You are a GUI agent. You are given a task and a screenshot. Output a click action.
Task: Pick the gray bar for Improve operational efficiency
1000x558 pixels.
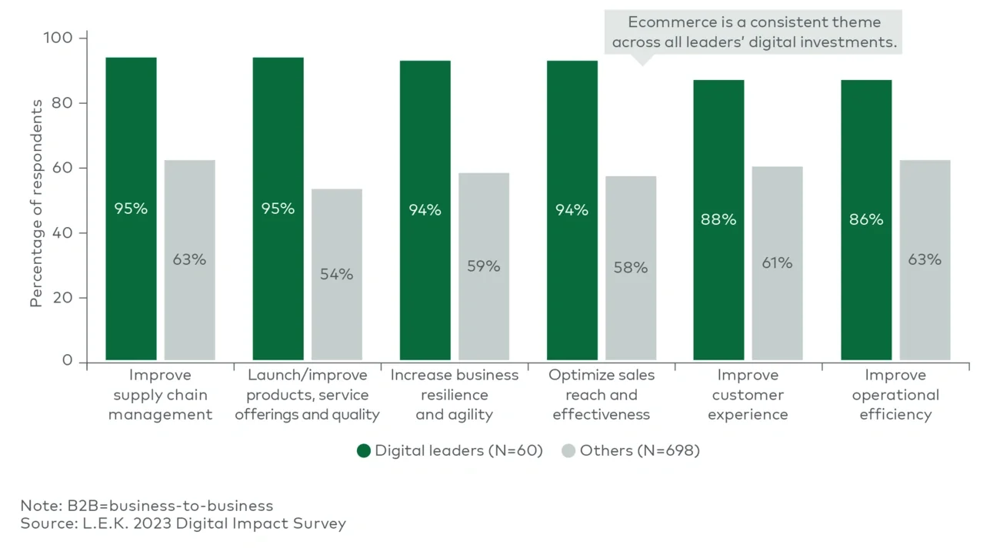(925, 308)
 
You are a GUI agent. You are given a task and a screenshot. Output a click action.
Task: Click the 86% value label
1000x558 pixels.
(866, 219)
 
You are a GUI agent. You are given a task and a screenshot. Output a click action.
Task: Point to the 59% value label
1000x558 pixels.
(484, 266)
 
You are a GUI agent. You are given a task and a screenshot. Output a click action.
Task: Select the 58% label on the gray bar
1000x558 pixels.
(631, 268)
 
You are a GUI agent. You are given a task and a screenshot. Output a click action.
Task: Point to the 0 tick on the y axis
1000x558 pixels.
(68, 361)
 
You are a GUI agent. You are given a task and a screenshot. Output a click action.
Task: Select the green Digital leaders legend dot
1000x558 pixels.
(364, 451)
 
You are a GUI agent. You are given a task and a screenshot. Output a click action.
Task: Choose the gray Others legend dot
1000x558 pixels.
(568, 451)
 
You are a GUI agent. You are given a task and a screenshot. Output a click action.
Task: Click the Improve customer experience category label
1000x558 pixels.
(748, 395)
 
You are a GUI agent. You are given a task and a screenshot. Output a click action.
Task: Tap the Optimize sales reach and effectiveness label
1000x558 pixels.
(601, 395)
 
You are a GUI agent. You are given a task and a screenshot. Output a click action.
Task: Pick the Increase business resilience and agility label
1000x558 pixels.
(454, 395)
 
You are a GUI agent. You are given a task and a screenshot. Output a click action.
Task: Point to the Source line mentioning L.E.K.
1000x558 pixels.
(183, 524)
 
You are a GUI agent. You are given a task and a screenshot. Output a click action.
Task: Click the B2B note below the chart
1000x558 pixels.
(146, 506)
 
